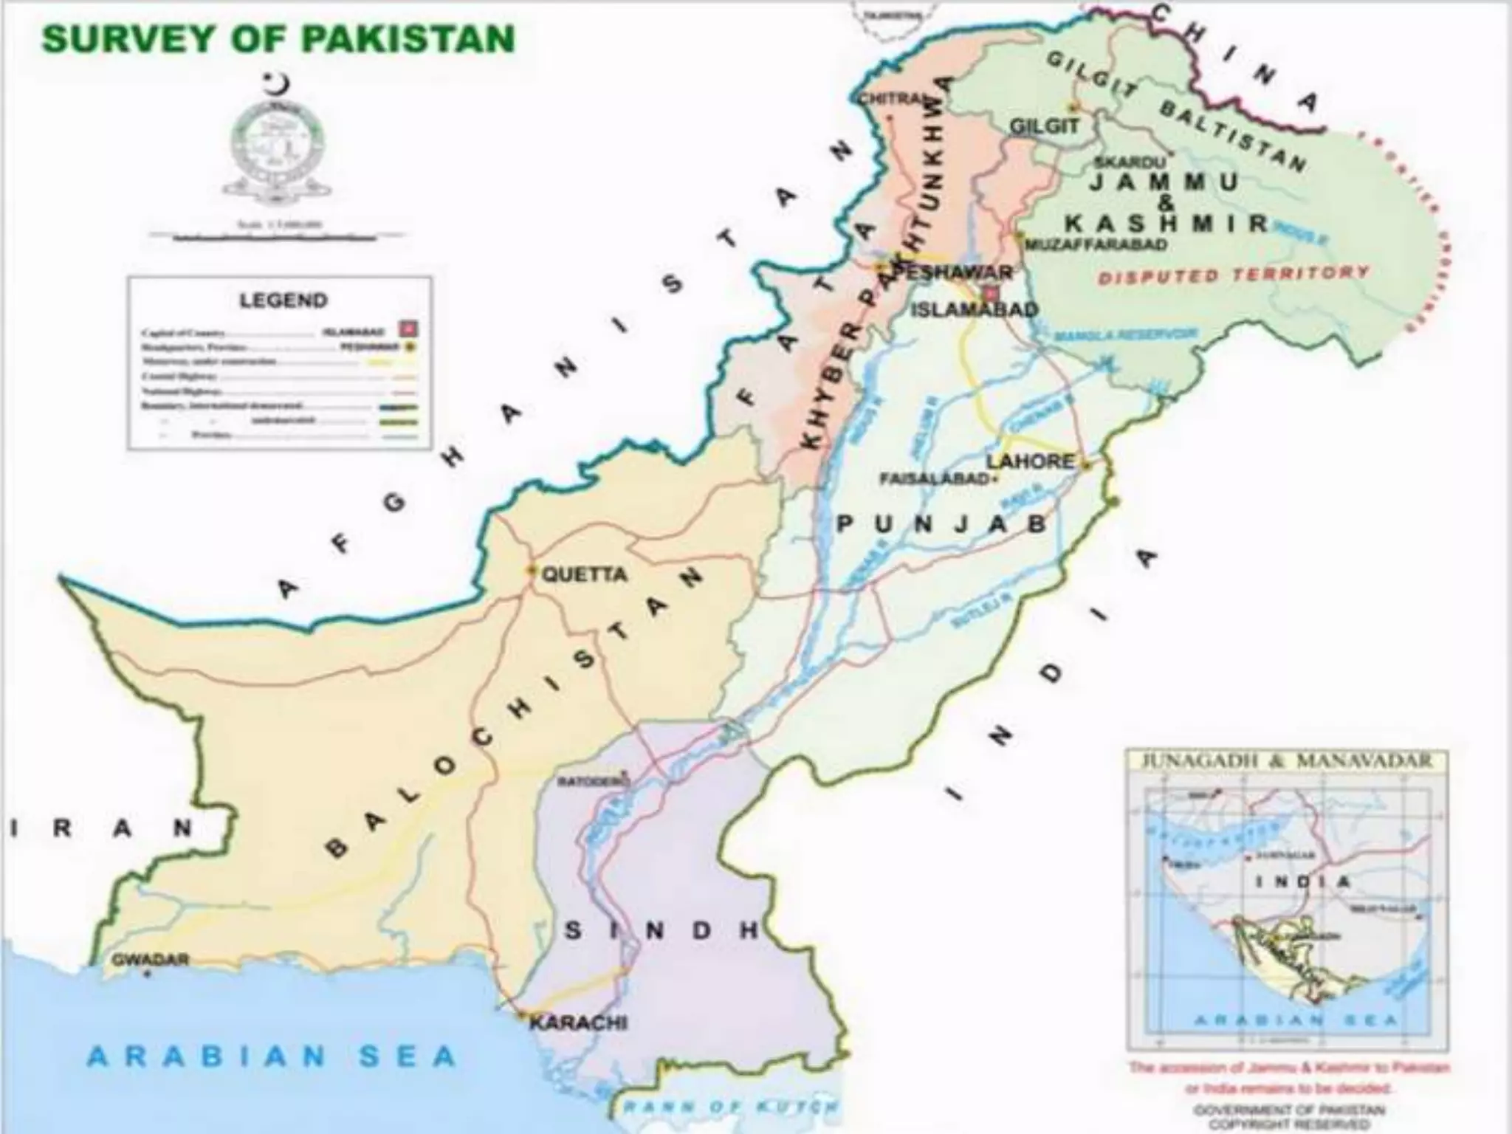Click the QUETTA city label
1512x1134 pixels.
[x=585, y=574]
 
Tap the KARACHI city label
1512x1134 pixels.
[x=579, y=1023]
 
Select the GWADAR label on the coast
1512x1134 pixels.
[x=150, y=960]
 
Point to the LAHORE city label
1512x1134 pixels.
[x=1031, y=461]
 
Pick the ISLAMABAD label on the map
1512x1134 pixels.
[x=974, y=309]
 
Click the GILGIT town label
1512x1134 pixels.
[x=1044, y=126]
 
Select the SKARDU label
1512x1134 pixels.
[x=1129, y=162]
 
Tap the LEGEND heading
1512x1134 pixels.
[x=283, y=300]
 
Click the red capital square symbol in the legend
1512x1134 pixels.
[x=405, y=327]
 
